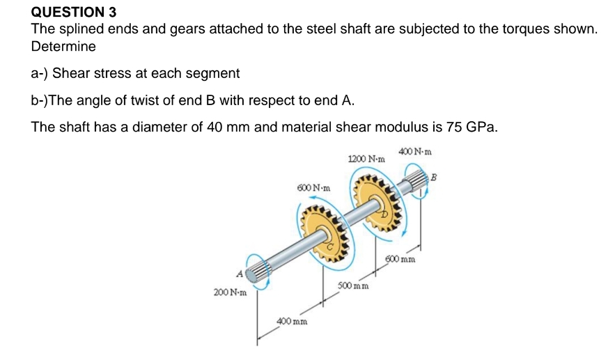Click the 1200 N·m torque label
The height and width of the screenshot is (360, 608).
pyautogui.click(x=365, y=159)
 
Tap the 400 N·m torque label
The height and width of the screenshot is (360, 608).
pyautogui.click(x=416, y=150)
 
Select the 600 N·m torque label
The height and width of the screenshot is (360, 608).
pyautogui.click(x=313, y=188)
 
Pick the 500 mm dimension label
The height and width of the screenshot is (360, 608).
pyautogui.click(x=353, y=286)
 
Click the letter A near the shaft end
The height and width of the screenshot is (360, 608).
pyautogui.click(x=241, y=275)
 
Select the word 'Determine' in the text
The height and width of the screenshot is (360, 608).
pyautogui.click(x=63, y=47)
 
